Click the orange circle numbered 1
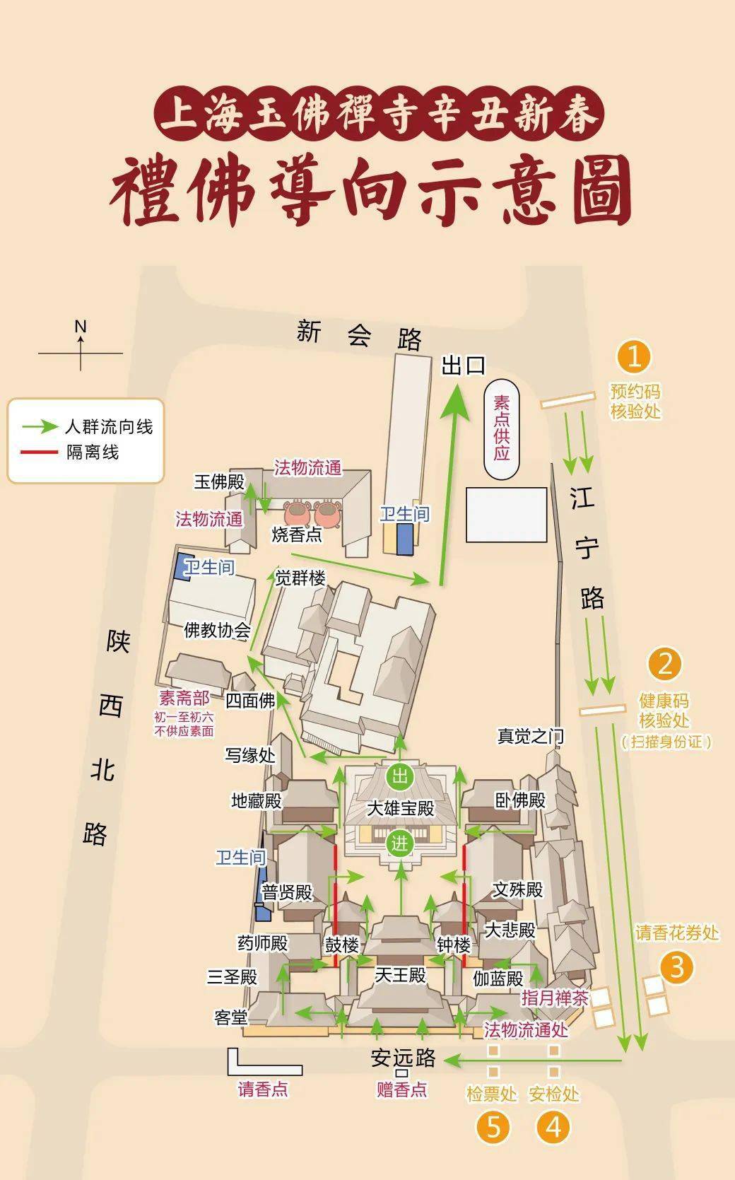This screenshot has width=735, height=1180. [x=633, y=356]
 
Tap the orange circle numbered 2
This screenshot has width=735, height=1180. [x=664, y=664]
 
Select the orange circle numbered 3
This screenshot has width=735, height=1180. [x=676, y=966]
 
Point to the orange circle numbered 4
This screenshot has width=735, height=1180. [x=553, y=1126]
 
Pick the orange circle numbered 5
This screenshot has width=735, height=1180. [x=493, y=1126]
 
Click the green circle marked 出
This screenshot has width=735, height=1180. [x=400, y=777]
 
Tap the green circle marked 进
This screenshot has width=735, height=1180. [x=400, y=843]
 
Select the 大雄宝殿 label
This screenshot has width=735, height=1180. [x=400, y=808]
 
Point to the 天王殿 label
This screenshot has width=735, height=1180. [x=400, y=975]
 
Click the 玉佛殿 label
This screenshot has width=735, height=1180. [x=219, y=482]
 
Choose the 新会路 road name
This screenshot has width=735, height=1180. [x=358, y=334]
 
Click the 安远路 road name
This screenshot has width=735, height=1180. [x=403, y=1058]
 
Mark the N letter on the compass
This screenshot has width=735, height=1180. [x=81, y=327]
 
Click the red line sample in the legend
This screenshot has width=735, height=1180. [x=40, y=451]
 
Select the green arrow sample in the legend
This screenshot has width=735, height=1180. [x=40, y=426]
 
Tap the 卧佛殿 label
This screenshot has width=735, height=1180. [x=520, y=800]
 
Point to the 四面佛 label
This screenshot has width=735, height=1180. [x=250, y=701]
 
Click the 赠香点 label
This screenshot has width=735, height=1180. [x=401, y=1090]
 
